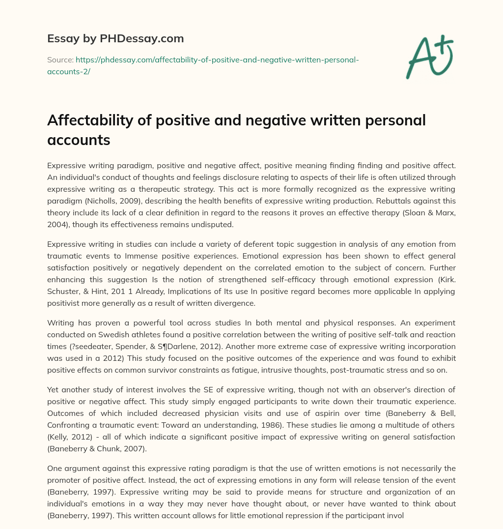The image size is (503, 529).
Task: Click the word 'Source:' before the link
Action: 60,59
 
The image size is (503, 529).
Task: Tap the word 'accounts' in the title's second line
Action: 79,140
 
